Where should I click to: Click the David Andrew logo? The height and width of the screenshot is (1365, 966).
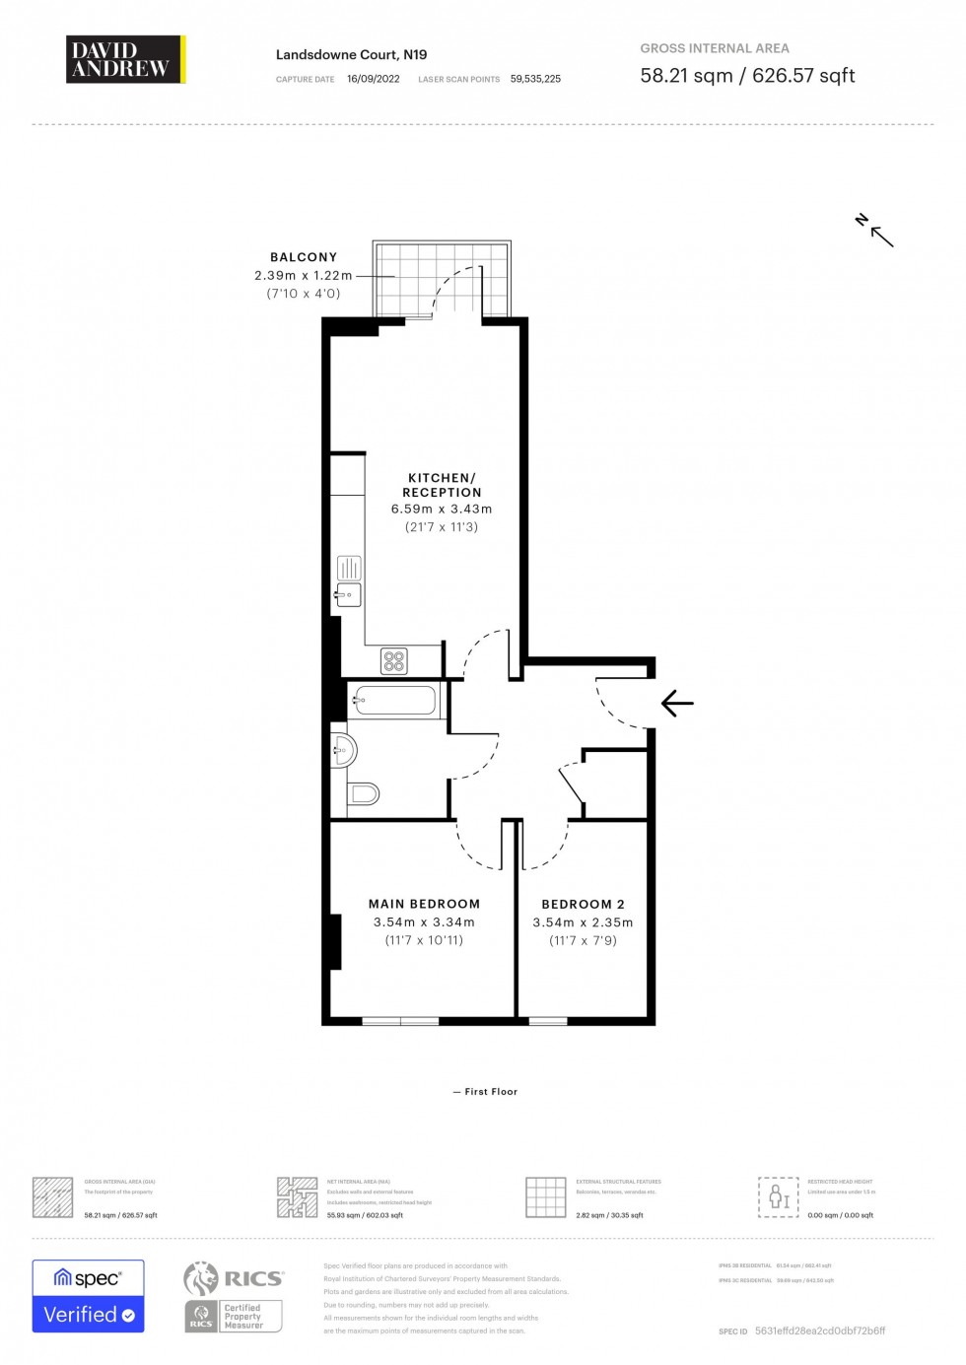tap(125, 59)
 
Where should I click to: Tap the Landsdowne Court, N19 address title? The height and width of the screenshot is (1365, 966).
tap(351, 55)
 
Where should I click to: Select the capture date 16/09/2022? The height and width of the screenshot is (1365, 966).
tap(373, 79)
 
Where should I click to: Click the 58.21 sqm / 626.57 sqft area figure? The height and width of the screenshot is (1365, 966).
tap(747, 76)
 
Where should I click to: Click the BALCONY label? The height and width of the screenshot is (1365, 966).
tap(304, 257)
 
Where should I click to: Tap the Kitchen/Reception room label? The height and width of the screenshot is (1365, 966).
tap(442, 485)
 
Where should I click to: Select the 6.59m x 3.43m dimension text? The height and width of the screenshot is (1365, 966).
tap(442, 510)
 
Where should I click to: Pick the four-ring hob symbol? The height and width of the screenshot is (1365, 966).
tap(394, 661)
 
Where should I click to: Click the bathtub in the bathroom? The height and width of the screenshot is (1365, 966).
tap(395, 701)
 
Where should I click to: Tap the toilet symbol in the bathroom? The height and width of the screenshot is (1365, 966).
tap(363, 793)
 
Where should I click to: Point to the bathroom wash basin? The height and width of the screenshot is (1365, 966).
tap(344, 751)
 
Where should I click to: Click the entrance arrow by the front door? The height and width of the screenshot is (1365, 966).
tap(677, 704)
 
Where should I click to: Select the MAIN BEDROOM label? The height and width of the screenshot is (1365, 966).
tap(424, 904)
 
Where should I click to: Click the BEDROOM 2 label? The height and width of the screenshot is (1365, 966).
tap(583, 905)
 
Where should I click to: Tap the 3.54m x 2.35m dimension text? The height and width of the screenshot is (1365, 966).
tap(583, 923)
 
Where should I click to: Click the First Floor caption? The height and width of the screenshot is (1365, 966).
tap(485, 1092)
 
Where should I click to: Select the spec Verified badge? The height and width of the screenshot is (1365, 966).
tap(88, 1296)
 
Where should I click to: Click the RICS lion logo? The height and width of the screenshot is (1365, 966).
tap(201, 1278)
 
